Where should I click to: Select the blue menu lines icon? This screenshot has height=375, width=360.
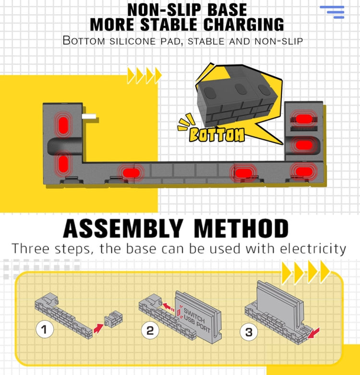point(332,12)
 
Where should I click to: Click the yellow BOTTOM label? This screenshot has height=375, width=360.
point(217,134)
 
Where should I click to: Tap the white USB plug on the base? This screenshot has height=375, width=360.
point(89,117)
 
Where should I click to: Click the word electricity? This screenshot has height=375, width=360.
point(313,249)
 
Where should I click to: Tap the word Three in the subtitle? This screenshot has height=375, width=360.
point(31,248)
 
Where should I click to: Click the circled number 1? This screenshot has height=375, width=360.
point(45,329)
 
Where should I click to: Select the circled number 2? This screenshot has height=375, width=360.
point(150,330)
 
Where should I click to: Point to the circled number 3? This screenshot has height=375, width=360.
point(249,332)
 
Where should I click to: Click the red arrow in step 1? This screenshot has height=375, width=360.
point(98,328)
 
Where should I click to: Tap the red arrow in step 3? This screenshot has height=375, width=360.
point(313,333)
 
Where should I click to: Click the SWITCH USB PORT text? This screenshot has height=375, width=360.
point(196,320)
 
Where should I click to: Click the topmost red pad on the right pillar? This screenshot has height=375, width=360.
point(303,119)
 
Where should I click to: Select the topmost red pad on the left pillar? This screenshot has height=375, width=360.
point(63,125)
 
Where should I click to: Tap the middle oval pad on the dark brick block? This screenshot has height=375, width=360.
point(240,89)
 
